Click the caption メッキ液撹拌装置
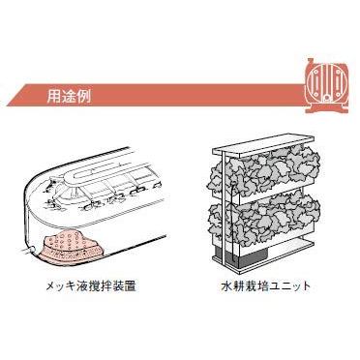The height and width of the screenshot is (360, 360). point(98,287)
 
